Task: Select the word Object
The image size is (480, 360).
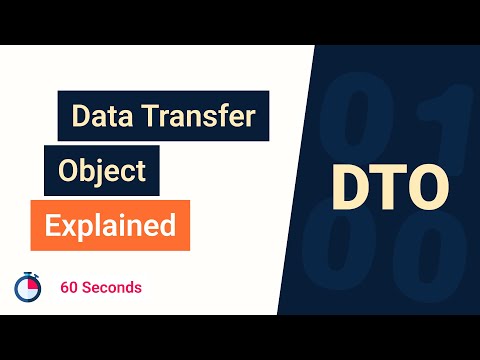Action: tap(102, 171)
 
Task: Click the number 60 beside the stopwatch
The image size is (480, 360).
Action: tap(69, 287)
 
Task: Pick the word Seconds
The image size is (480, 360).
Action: tap(112, 287)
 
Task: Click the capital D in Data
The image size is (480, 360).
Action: tap(80, 117)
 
